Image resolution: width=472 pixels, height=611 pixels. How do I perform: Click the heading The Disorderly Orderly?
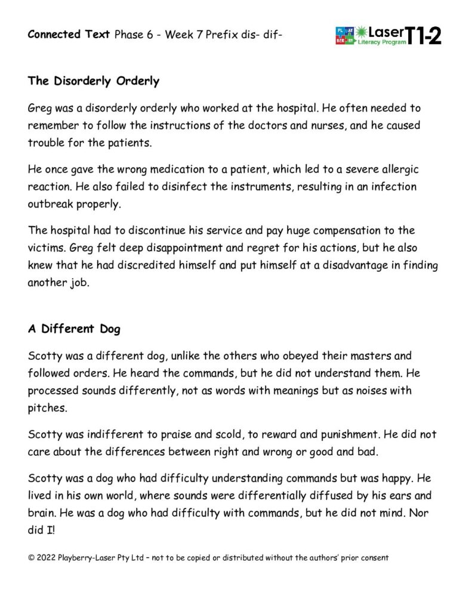click(x=93, y=81)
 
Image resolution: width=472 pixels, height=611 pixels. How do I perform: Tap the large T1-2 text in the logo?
click(x=424, y=36)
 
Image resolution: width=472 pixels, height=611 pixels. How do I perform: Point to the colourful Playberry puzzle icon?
click(x=345, y=36)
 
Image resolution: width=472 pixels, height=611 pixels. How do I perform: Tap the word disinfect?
click(x=175, y=187)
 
